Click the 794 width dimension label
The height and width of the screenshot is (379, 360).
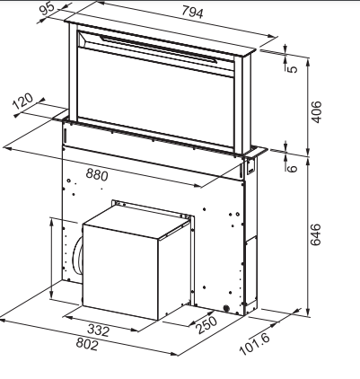tap(192, 13)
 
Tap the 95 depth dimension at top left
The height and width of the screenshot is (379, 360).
tap(48, 8)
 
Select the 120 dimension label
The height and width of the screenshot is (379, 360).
tap(23, 101)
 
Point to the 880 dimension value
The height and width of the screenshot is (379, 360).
tap(97, 174)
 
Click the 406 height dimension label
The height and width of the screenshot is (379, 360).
tap(316, 112)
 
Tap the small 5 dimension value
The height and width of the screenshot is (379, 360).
tap(293, 69)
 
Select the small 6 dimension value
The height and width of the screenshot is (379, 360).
tap(293, 168)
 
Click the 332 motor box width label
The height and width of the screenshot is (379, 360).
tap(99, 331)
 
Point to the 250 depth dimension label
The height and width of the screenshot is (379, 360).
tap(206, 324)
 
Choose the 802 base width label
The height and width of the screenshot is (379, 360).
tap(87, 344)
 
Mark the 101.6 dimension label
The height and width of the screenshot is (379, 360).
tap(255, 344)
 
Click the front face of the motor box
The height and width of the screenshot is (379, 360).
tap(120, 272)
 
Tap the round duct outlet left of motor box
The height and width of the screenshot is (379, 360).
tap(77, 255)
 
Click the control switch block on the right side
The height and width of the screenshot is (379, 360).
tap(250, 166)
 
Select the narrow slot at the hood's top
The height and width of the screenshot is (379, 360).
tap(159, 48)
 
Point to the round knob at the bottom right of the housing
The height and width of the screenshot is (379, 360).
tap(226, 308)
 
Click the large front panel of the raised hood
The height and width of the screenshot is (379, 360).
tap(155, 99)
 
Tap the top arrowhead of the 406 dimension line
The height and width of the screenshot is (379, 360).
tap(308, 61)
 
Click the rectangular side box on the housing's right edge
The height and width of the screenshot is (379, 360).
tap(251, 269)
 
